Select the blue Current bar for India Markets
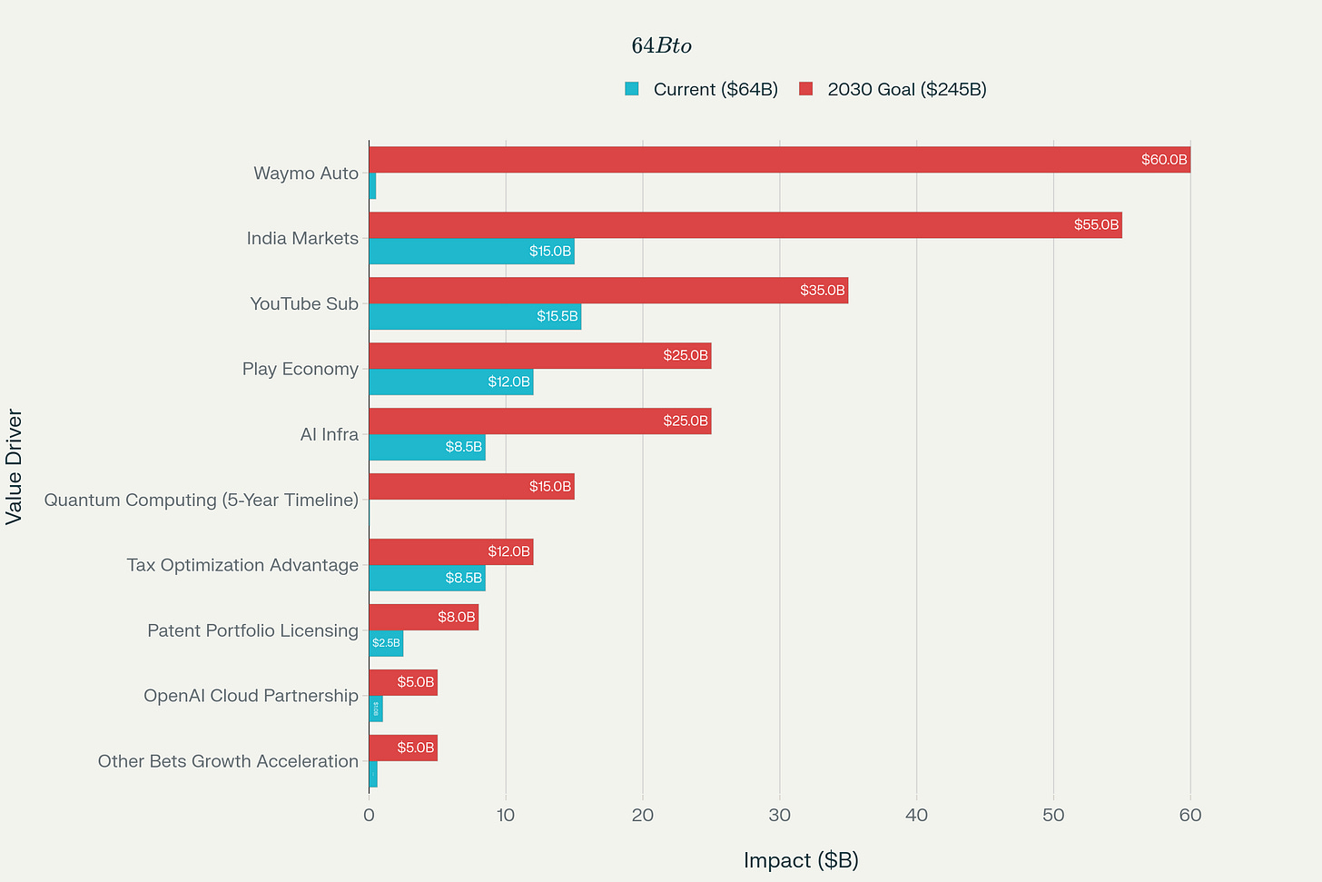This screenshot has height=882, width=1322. [x=471, y=252]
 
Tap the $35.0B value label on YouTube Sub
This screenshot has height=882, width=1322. [x=822, y=291]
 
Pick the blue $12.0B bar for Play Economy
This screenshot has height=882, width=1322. [x=450, y=382]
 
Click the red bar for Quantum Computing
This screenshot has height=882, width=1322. [x=471, y=487]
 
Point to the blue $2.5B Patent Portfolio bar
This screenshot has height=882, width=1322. [x=386, y=643]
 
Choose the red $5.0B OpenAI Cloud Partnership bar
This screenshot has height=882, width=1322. [x=403, y=682]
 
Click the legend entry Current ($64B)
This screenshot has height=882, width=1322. [x=701, y=89]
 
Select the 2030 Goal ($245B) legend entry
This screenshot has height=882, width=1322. [x=893, y=89]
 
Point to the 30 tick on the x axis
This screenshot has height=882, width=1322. [x=779, y=815]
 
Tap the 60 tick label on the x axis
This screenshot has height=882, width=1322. [x=1189, y=815]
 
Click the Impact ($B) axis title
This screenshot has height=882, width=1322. [x=801, y=860]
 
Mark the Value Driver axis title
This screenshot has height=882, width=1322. [x=14, y=467]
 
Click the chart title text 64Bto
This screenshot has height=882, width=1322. [x=661, y=45]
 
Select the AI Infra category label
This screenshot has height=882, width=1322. [x=329, y=434]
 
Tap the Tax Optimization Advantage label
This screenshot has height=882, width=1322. [x=242, y=565]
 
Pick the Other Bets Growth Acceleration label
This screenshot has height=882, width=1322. [x=228, y=761]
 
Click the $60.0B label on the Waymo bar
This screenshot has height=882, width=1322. [x=1163, y=160]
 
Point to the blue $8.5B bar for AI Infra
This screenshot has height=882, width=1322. [x=427, y=448]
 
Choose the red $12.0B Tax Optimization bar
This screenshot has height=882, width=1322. [x=450, y=551]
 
